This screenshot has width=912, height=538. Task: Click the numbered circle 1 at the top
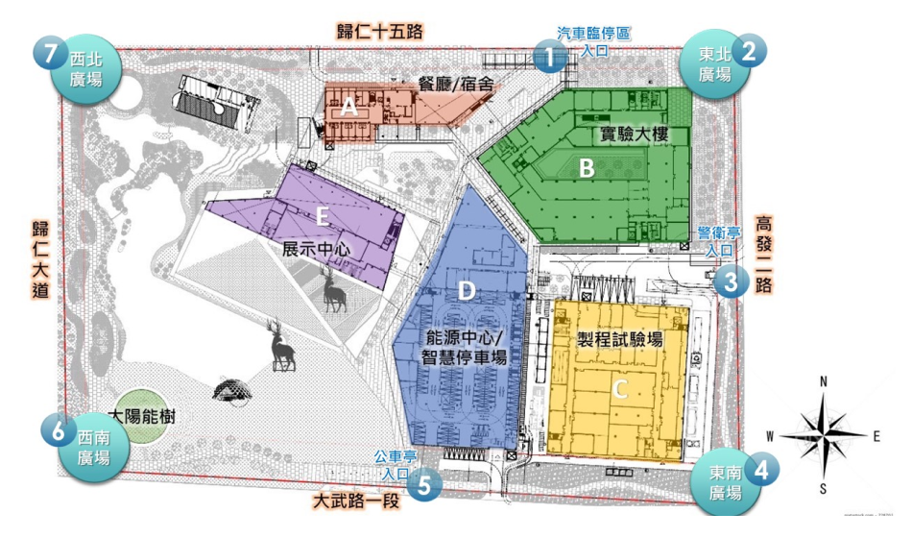[x=548, y=55]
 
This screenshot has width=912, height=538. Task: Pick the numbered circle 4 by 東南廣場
[x=760, y=470]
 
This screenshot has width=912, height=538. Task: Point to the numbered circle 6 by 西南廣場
[x=59, y=431]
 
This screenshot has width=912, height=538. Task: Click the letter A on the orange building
[x=349, y=109]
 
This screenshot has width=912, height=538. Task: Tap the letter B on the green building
[x=587, y=168]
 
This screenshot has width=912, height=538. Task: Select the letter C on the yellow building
[x=620, y=388]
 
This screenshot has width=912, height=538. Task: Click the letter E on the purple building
[x=323, y=218]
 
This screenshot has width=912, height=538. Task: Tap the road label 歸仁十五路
[x=379, y=31]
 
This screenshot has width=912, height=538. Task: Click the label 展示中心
[x=315, y=249]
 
